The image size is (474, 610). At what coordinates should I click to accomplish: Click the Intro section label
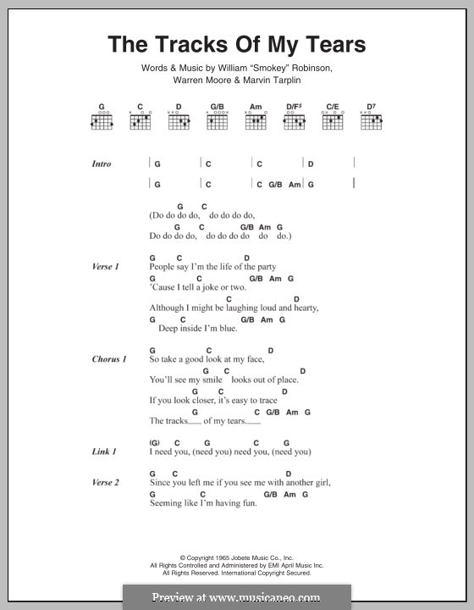coord(102,164)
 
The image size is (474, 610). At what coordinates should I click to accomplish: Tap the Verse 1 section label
coord(105,267)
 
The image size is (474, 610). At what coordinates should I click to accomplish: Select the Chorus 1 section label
coord(108,359)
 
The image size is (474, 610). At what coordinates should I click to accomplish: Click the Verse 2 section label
coord(105,483)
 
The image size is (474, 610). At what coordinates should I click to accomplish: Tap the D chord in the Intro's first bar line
coord(311,164)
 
